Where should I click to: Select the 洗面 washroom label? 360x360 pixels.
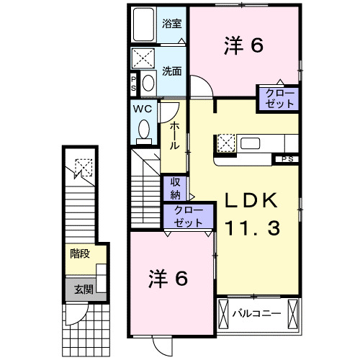pos(171,71)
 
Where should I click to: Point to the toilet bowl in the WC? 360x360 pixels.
pos(143,130)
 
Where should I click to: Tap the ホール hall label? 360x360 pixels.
pos(174,135)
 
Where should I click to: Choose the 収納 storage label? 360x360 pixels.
pos(175,189)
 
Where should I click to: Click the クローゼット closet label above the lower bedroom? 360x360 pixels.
pos(189,217)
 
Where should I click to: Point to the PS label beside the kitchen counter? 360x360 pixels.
pos(287,159)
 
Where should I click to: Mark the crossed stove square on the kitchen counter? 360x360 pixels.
pos(226,143)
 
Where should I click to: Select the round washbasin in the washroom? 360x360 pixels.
pos(148,82)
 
